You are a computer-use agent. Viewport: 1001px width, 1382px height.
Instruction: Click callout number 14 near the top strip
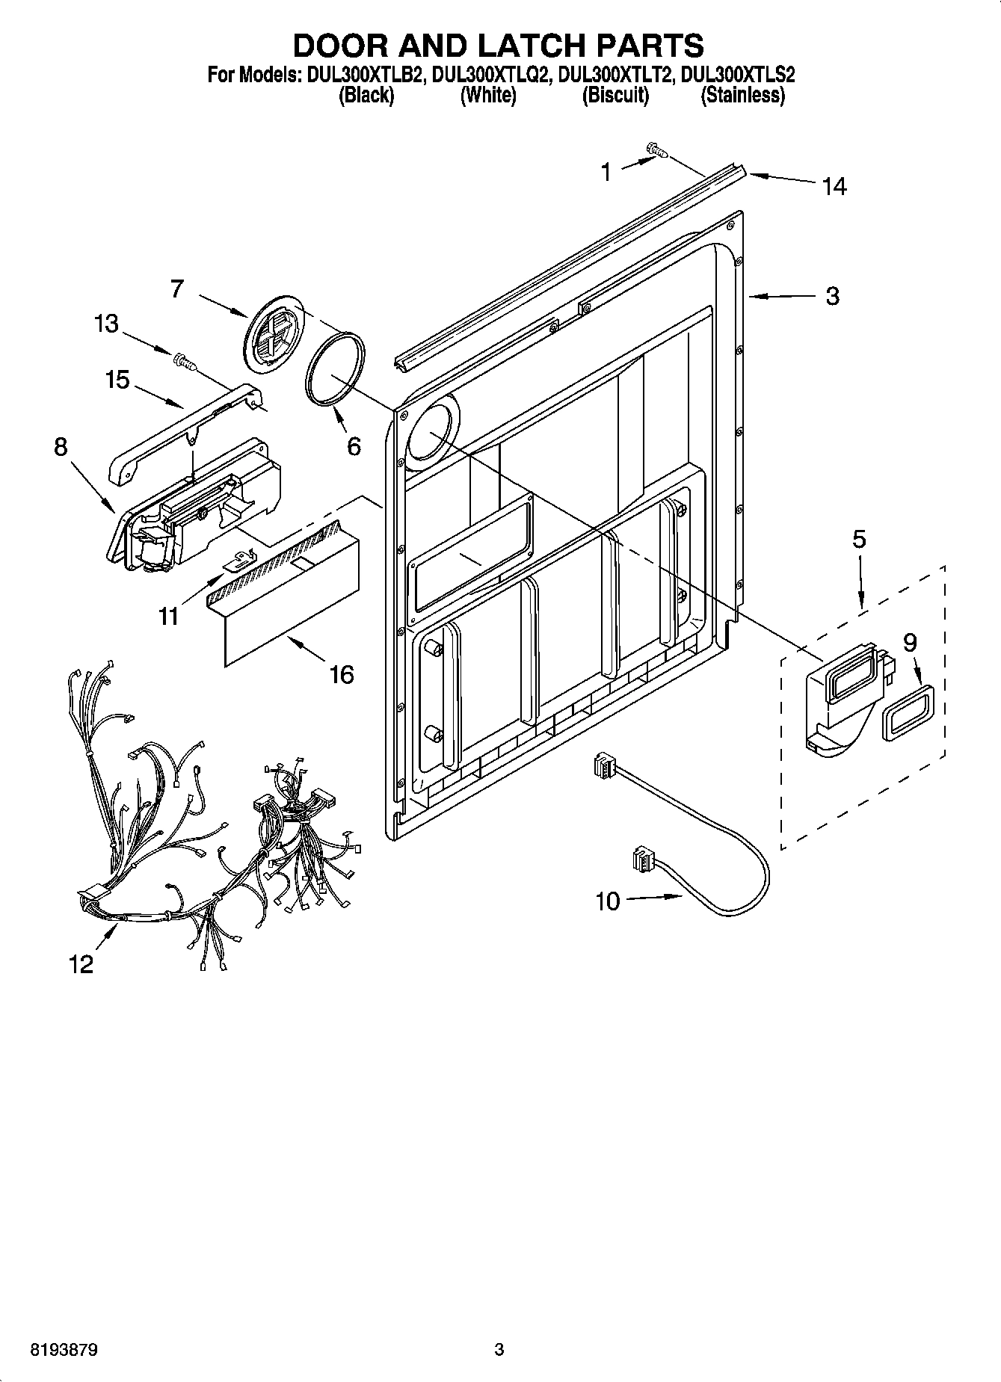pyautogui.click(x=834, y=186)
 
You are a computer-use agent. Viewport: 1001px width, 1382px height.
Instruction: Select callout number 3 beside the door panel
pyautogui.click(x=832, y=296)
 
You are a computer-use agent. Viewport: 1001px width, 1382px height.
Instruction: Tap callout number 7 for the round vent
pyautogui.click(x=177, y=289)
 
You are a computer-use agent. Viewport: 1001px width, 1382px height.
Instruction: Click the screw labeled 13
pyautogui.click(x=183, y=361)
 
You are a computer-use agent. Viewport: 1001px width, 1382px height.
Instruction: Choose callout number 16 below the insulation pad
pyautogui.click(x=341, y=674)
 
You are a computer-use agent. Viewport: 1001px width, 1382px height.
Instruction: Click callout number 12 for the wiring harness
pyautogui.click(x=81, y=964)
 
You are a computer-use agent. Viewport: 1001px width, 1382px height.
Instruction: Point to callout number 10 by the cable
pyautogui.click(x=608, y=901)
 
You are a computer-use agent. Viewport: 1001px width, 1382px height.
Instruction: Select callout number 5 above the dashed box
pyautogui.click(x=859, y=539)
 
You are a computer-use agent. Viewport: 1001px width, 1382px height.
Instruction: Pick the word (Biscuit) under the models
pyautogui.click(x=615, y=95)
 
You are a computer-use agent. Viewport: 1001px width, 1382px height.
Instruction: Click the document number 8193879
pyautogui.click(x=64, y=1350)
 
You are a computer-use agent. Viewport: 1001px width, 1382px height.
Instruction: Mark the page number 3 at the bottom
pyautogui.click(x=499, y=1350)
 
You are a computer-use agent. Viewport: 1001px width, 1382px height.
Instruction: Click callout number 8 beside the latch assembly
pyautogui.click(x=61, y=447)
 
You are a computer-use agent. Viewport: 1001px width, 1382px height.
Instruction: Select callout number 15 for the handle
pyautogui.click(x=117, y=380)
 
